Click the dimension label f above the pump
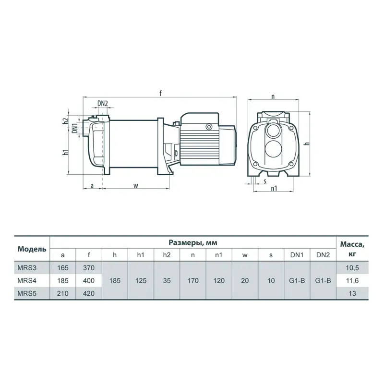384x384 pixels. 161,93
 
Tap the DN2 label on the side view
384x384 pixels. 103,103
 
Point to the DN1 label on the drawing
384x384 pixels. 75,128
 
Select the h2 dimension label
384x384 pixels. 65,121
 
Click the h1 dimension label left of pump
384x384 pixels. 65,152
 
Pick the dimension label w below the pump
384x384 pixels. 136,186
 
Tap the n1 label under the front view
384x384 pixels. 274,188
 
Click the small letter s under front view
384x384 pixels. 265,181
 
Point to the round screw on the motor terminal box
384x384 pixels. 209,127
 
